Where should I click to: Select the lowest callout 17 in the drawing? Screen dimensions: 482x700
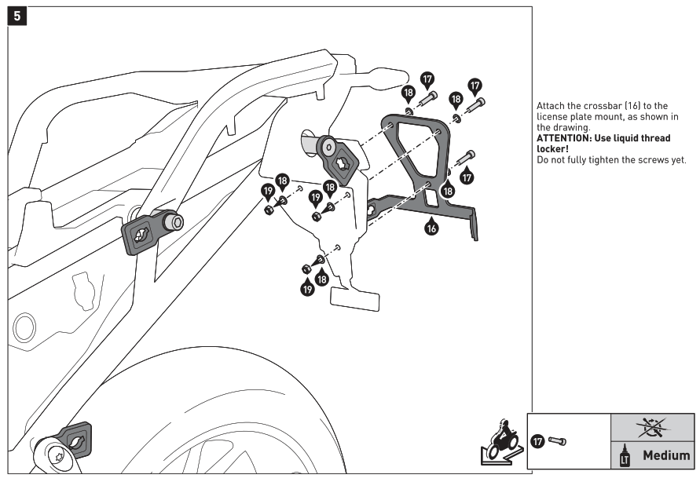tap(467, 177)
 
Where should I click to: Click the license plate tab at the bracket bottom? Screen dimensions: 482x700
tap(354, 297)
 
